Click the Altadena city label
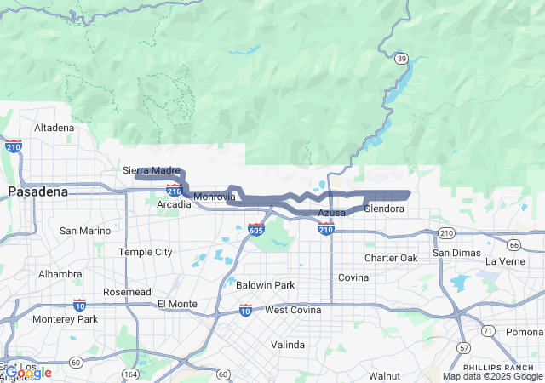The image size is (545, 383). pyautogui.click(x=54, y=128)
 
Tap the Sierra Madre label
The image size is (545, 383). pyautogui.click(x=152, y=170)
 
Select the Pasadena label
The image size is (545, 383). pyautogui.click(x=37, y=192)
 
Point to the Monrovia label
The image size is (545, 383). pyautogui.click(x=214, y=197)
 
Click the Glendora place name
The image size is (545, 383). pyautogui.click(x=384, y=209)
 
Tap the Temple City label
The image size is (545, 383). pyautogui.click(x=145, y=252)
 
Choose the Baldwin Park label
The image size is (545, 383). pyautogui.click(x=265, y=285)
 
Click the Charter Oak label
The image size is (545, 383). pyautogui.click(x=391, y=258)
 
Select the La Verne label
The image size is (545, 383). pyautogui.click(x=506, y=261)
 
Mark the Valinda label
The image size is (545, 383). pyautogui.click(x=288, y=345)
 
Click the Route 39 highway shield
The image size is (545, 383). pyautogui.click(x=400, y=58)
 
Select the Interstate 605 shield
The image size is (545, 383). pyautogui.click(x=256, y=229)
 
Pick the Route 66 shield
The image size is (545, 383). pyautogui.click(x=513, y=245)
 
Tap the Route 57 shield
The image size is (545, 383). pyautogui.click(x=462, y=347)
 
